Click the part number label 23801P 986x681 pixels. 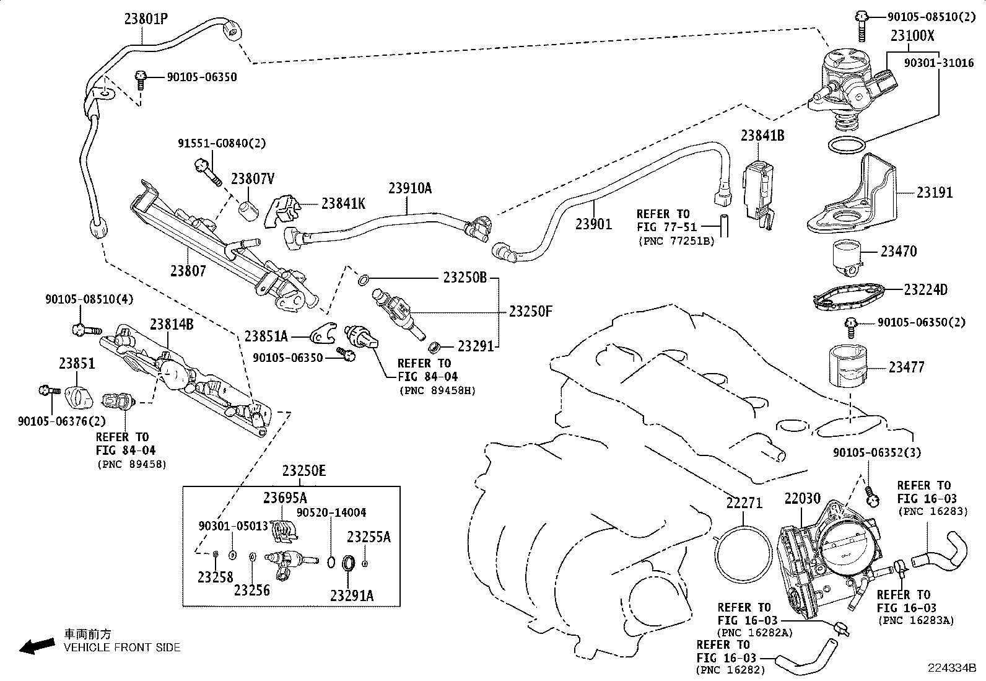pyautogui.click(x=146, y=19)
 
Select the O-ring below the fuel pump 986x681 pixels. pyautogui.click(x=847, y=145)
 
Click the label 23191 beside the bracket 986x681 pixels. pyautogui.click(x=935, y=193)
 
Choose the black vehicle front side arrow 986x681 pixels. pyautogui.click(x=37, y=646)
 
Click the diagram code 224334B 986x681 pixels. pyautogui.click(x=952, y=668)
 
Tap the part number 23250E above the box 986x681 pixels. pyautogui.click(x=303, y=471)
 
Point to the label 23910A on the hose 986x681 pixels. pyautogui.click(x=410, y=188)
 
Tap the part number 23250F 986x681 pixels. pyautogui.click(x=530, y=312)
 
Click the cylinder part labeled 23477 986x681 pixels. pyautogui.click(x=848, y=366)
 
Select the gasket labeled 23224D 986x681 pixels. pyautogui.click(x=849, y=297)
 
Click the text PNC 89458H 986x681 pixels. pyautogui.click(x=437, y=391)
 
